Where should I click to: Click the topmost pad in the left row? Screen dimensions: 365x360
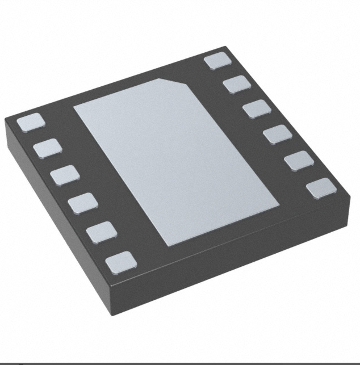pyautogui.click(x=30, y=122)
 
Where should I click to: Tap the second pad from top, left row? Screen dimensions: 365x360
pyautogui.click(x=47, y=148)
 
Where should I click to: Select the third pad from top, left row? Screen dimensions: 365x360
pyautogui.click(x=64, y=175)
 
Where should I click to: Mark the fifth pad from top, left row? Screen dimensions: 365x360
pyautogui.click(x=102, y=231)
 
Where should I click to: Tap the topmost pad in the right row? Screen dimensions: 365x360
pyautogui.click(x=218, y=60)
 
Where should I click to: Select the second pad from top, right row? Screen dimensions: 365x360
pyautogui.click(x=237, y=85)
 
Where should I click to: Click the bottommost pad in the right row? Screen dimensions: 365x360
pyautogui.click(x=321, y=188)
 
